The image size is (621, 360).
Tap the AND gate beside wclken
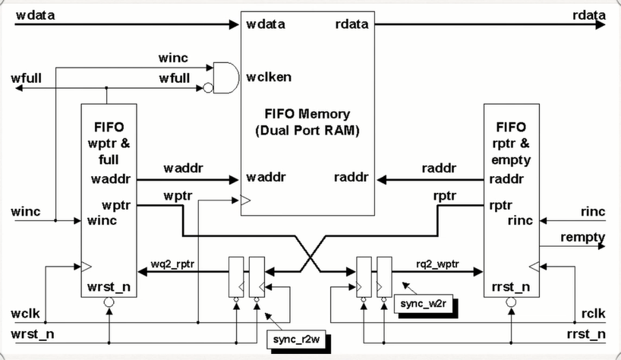pyautogui.click(x=222, y=77)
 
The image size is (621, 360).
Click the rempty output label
pyautogui.click(x=582, y=238)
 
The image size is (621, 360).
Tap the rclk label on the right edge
pyautogui.click(x=592, y=314)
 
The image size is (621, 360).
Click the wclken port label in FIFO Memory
pyautogui.click(x=269, y=77)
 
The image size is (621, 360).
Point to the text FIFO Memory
pyautogui.click(x=307, y=115)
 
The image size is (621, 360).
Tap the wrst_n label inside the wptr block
pyautogui.click(x=109, y=287)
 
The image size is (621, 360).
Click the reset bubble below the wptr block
pyautogui.click(x=109, y=302)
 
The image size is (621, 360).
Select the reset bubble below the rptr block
pyautogui.click(x=509, y=302)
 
